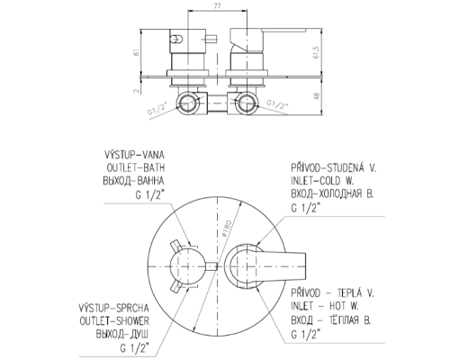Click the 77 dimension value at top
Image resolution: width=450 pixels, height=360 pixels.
(218, 6)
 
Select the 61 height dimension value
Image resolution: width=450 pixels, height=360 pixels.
(137, 52)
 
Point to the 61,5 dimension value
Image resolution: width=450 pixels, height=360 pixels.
(316, 52)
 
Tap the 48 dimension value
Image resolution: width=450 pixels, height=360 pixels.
(317, 96)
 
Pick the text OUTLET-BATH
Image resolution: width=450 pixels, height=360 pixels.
(136, 167)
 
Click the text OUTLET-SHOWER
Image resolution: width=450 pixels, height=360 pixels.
(114, 321)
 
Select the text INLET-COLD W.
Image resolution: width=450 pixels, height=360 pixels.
(322, 181)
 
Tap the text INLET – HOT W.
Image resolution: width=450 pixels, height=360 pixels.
(325, 306)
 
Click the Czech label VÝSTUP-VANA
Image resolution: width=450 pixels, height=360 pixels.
(134, 155)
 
